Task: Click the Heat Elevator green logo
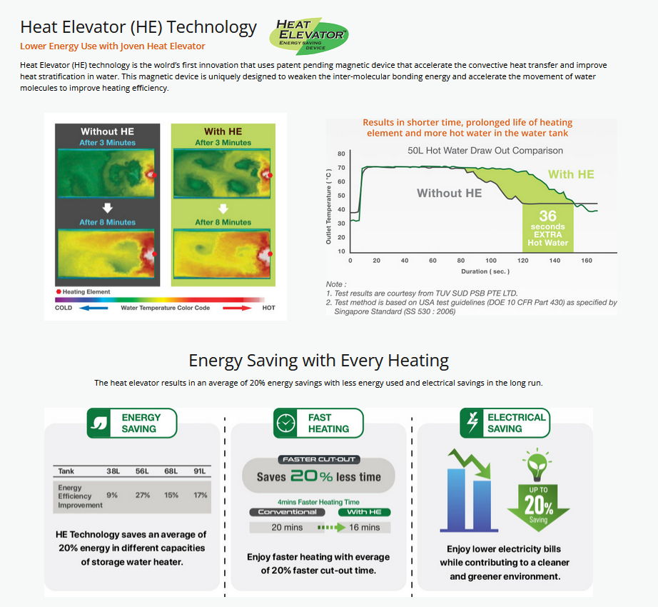point(309,36)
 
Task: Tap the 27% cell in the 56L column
point(143,496)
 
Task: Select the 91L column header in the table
point(200,471)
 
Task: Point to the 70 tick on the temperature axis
point(341,168)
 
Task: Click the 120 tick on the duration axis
point(523,261)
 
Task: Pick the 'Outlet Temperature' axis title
point(328,206)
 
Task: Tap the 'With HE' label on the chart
point(571,175)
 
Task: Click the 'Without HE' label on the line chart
point(450,193)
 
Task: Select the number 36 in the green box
point(547,216)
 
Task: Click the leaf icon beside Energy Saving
point(99,423)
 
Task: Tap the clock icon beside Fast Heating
point(285,423)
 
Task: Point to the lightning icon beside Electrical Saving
point(472,422)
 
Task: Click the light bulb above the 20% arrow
point(537,465)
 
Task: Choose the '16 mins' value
point(364,528)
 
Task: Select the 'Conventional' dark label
point(287,512)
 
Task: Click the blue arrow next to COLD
point(93,308)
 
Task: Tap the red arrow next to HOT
point(237,308)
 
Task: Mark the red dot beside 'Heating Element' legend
point(59,292)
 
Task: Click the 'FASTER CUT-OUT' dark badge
point(319,460)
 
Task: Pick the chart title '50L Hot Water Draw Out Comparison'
point(485,151)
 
